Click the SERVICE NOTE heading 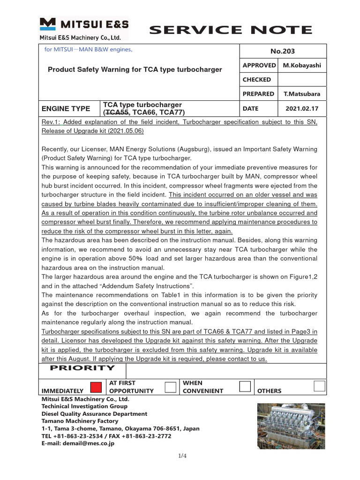tap(230, 30)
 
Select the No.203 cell tap(283, 51)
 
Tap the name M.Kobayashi tap(302, 66)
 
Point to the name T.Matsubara tap(302, 94)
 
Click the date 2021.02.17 tap(302, 108)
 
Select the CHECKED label tap(256, 80)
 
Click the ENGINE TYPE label tap(66, 108)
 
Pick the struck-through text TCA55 tap(117, 112)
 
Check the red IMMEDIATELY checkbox tap(96, 387)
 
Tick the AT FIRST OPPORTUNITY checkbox tap(171, 387)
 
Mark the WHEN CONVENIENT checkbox tap(245, 386)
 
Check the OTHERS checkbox tap(319, 386)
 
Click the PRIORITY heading tap(82, 368)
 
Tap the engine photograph tap(292, 427)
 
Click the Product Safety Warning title tap(135, 69)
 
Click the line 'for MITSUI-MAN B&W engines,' tap(89, 49)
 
